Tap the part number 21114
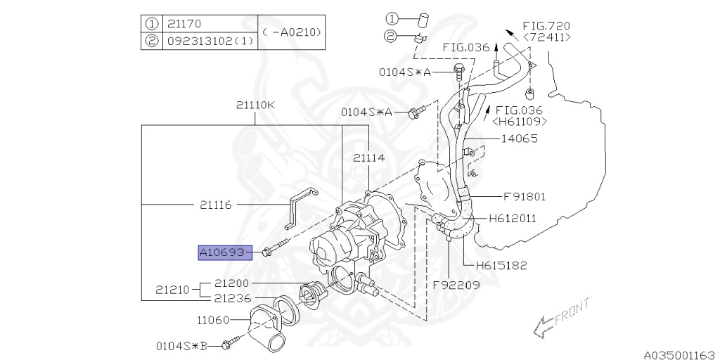(x=369, y=158)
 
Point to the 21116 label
(x=216, y=205)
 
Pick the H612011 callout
(x=513, y=219)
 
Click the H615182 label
(x=501, y=266)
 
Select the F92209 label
(x=456, y=285)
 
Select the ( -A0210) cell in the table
(x=291, y=32)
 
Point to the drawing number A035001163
(x=679, y=354)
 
